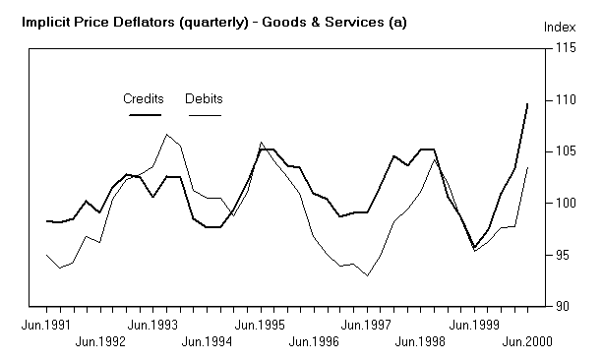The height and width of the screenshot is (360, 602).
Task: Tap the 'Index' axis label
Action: click(559, 27)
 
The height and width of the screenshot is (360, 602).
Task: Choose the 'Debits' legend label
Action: click(204, 98)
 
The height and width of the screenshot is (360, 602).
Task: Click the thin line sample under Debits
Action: click(204, 115)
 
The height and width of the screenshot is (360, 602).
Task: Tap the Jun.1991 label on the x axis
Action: click(47, 323)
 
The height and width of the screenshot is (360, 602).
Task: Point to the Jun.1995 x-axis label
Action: click(261, 323)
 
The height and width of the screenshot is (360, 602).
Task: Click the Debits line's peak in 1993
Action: click(167, 134)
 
